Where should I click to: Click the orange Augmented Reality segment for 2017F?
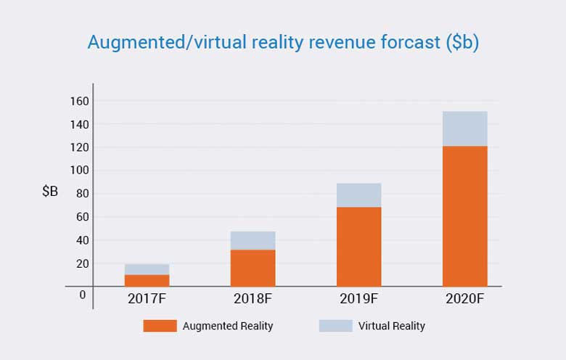(147, 280)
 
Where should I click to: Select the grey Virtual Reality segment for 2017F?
(147, 269)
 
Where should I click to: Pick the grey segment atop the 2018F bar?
(253, 240)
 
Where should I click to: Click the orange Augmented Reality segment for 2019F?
(358, 247)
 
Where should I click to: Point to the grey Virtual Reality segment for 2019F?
(358, 195)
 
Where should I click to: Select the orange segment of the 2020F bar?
(464, 216)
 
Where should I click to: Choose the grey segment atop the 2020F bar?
(464, 128)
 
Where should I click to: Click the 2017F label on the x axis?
(147, 298)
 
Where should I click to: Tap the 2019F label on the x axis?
(358, 298)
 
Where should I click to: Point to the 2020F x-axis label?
(464, 298)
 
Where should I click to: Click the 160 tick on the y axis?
(80, 101)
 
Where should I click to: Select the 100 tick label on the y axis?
(80, 171)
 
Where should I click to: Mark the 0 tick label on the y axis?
(83, 295)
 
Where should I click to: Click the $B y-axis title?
(49, 192)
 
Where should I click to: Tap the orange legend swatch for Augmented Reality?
(160, 326)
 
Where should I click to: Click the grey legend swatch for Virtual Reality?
(335, 326)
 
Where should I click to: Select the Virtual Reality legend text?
(392, 326)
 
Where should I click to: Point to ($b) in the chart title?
(460, 42)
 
